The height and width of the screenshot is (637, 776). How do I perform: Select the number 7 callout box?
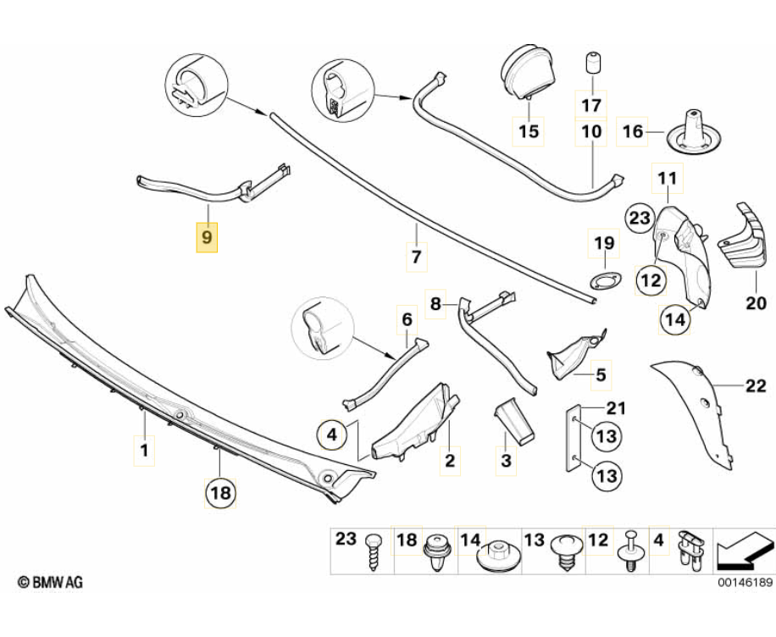(x=415, y=257)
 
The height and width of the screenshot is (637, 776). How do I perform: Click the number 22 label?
(x=755, y=386)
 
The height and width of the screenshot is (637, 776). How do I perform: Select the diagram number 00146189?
(x=745, y=583)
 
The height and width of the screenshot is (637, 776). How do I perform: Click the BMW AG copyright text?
(x=50, y=583)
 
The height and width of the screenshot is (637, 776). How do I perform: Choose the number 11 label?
(x=668, y=179)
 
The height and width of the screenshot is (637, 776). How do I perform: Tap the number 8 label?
(x=435, y=303)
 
